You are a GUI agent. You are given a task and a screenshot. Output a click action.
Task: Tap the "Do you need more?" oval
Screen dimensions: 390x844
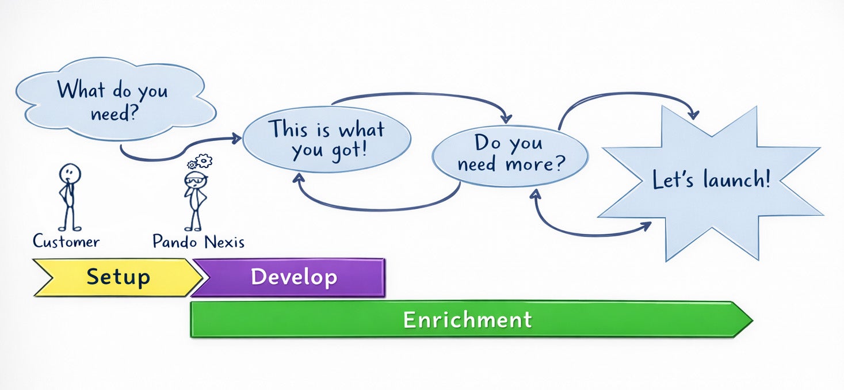tap(510, 154)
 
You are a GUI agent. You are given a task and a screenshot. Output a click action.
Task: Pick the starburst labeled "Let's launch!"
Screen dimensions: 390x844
tap(711, 181)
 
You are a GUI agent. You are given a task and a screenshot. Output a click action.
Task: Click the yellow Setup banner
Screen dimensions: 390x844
tap(118, 277)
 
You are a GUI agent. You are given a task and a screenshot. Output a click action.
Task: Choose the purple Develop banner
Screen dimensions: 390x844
tap(293, 277)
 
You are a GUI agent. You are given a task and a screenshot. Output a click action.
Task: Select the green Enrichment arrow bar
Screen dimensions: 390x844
tap(467, 319)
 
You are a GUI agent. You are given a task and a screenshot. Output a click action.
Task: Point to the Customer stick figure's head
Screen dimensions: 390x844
tap(70, 173)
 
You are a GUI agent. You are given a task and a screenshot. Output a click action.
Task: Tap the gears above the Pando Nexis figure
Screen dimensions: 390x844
tap(201, 161)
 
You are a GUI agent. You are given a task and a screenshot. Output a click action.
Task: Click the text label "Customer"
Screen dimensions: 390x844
tap(66, 242)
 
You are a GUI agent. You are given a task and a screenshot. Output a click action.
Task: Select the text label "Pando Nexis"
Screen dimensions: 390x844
tap(198, 242)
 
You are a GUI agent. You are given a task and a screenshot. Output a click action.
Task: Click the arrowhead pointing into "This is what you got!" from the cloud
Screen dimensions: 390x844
tap(236, 138)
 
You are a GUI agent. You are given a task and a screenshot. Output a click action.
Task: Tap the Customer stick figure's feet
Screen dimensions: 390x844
tap(69, 228)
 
